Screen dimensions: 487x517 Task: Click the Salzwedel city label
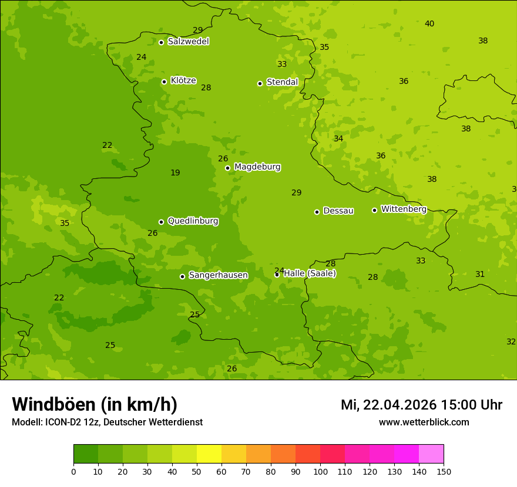point(188,42)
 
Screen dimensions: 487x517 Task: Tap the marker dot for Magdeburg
point(227,168)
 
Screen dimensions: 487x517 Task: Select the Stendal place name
point(282,82)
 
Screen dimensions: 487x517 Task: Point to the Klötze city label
point(183,80)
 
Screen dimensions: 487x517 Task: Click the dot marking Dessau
point(317,212)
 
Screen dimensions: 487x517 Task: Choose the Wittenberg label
point(404,209)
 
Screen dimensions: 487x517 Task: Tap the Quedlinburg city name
point(193,221)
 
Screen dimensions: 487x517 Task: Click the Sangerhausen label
point(218,275)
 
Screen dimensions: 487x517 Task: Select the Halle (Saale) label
point(310,273)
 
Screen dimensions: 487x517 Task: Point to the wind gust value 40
point(429,23)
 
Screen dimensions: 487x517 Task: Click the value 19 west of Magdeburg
point(175,173)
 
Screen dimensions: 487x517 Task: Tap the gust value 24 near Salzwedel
point(141,57)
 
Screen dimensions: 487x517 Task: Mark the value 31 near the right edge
point(480,274)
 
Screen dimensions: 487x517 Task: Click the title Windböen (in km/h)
point(95,404)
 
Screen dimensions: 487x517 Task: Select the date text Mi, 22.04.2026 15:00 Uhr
point(421,405)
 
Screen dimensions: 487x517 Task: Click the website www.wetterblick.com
point(424,422)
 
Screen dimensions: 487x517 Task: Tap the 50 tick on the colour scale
point(197,471)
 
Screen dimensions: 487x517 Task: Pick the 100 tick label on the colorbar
point(320,471)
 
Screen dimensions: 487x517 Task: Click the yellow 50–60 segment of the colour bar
point(209,454)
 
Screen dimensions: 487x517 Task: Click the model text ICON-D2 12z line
point(107,422)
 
